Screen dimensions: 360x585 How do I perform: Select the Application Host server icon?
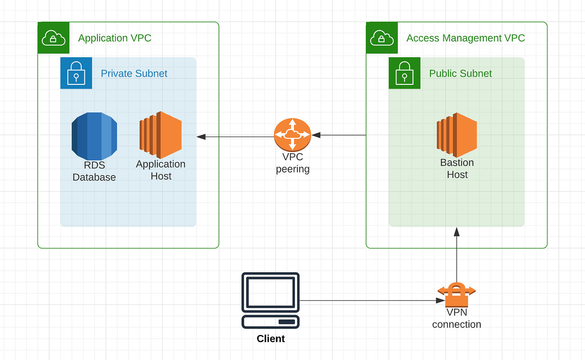click(160, 134)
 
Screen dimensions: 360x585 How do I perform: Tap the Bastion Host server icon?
click(457, 134)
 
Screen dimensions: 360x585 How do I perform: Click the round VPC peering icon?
click(292, 134)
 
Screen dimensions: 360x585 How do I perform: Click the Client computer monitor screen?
click(271, 292)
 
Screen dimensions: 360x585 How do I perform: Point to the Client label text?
click(271, 339)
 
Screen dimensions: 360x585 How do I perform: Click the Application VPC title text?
click(114, 38)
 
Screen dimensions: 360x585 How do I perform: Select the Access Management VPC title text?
click(465, 38)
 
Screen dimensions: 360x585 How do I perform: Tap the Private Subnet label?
click(134, 74)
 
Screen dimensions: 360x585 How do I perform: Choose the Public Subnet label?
click(460, 74)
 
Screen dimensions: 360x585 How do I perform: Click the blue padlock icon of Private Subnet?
click(76, 73)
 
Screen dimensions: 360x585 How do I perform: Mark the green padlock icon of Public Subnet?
click(404, 73)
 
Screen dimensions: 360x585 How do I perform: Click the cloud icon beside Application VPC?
click(53, 38)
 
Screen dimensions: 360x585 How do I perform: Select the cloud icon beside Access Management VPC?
click(382, 38)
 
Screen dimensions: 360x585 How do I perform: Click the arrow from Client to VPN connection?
click(372, 300)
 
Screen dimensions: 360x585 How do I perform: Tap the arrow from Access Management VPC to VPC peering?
click(339, 135)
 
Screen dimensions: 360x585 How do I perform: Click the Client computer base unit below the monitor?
click(271, 322)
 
